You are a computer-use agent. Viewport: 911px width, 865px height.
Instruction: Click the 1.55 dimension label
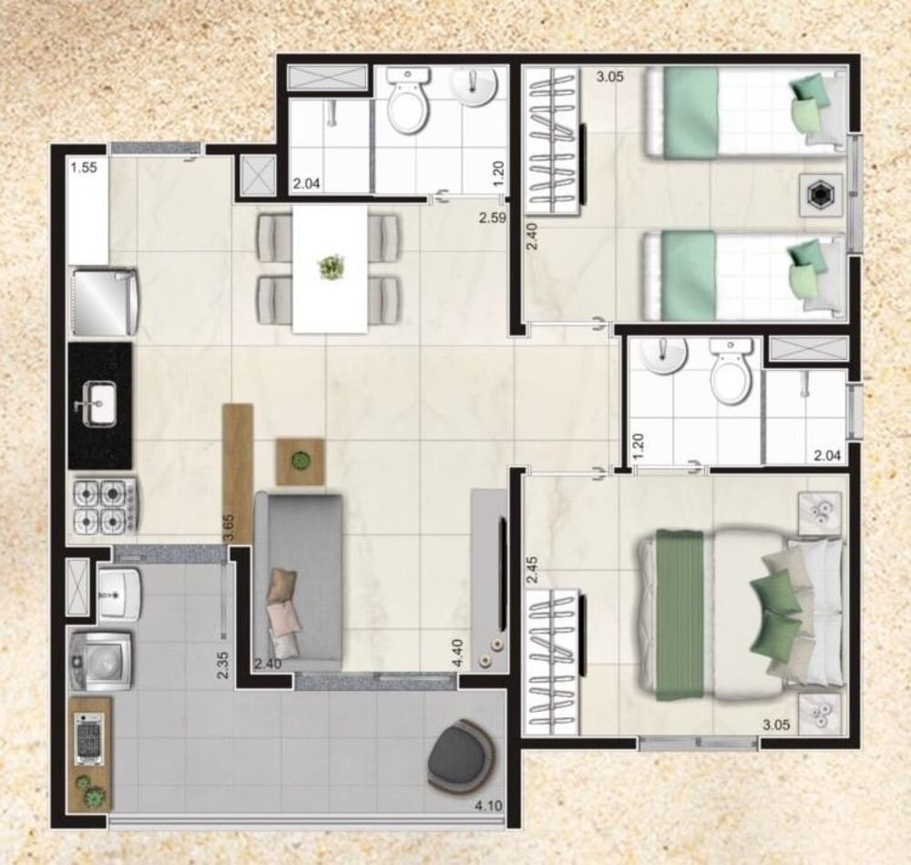click(x=84, y=168)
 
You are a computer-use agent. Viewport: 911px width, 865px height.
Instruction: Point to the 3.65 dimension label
click(x=231, y=528)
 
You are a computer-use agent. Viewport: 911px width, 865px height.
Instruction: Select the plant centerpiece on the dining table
click(x=329, y=268)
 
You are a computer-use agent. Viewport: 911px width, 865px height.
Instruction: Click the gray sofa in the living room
click(x=298, y=576)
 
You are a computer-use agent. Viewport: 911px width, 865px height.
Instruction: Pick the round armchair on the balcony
click(x=459, y=754)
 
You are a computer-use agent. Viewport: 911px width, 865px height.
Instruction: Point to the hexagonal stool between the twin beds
click(x=819, y=194)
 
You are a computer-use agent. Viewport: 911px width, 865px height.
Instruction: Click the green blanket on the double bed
click(x=678, y=613)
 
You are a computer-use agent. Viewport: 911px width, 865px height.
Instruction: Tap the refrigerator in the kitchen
click(x=106, y=299)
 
